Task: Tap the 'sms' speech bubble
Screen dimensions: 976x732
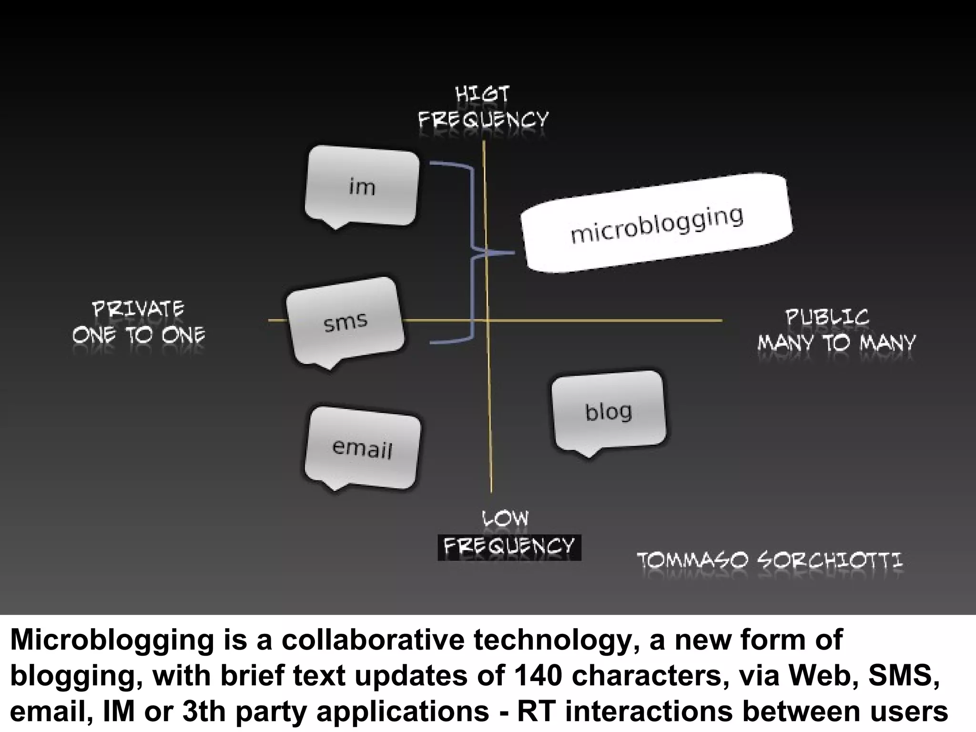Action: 346,322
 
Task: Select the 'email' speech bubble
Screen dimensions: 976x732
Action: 362,448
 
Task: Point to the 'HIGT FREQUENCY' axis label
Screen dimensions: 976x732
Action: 483,107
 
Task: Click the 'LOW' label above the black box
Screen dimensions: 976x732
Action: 505,518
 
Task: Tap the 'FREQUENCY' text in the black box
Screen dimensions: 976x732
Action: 509,547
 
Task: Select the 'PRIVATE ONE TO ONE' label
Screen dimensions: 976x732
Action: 138,322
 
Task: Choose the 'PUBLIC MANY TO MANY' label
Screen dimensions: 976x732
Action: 836,330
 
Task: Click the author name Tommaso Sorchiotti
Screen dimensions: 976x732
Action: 770,560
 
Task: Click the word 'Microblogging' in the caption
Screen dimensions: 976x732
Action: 112,640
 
